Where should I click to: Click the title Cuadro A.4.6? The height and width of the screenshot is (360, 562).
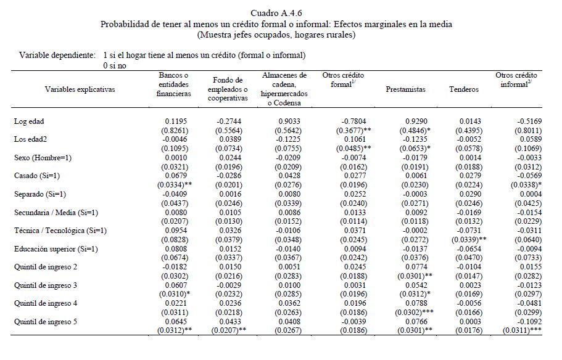coord(276,13)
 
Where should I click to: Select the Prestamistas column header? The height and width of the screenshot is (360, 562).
coord(405,89)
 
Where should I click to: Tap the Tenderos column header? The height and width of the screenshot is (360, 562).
coord(464,89)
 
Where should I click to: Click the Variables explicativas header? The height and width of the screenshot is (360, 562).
coord(80,89)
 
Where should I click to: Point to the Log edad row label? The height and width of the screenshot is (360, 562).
coord(29,121)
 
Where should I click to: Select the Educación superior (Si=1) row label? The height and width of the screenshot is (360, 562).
coord(56,248)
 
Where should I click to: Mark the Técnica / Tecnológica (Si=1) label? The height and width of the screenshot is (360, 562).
coord(60,231)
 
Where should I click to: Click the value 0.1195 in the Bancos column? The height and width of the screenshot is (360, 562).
coord(176,121)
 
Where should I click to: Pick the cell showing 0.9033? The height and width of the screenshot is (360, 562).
coord(284,121)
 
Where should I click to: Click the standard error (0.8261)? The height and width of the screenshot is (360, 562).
coord(176,130)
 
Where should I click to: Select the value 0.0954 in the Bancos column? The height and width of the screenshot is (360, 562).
coord(176,231)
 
